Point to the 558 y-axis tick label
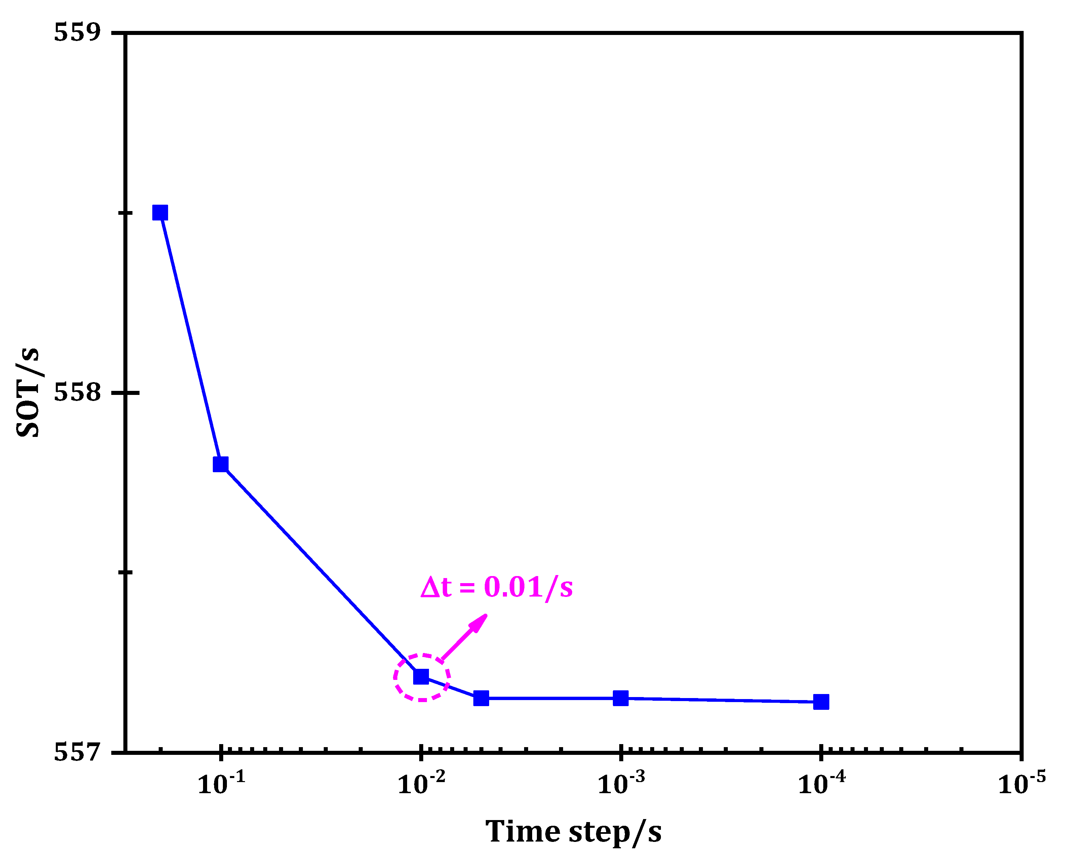(x=77, y=393)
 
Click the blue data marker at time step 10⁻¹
(x=221, y=464)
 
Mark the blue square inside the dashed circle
(x=421, y=676)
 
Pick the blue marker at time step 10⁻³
(x=621, y=698)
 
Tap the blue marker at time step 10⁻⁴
(x=821, y=702)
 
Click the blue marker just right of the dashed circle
(x=481, y=698)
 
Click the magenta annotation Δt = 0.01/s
(x=496, y=587)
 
